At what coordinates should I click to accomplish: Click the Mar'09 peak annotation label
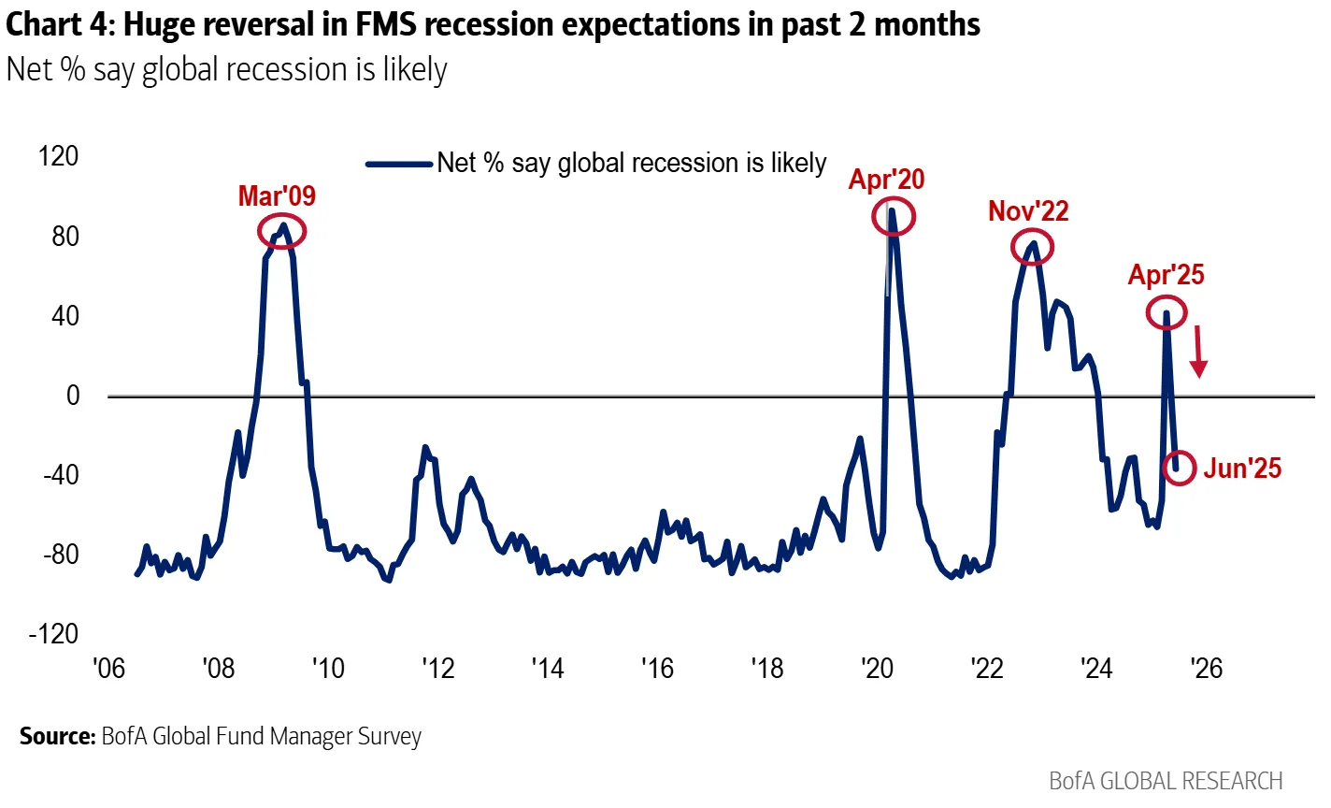pos(277,195)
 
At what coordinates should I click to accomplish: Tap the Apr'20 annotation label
pos(886,179)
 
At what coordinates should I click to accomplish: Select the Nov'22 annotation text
pos(1028,211)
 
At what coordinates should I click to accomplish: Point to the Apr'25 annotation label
pos(1166,275)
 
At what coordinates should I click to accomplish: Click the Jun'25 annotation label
pos(1242,469)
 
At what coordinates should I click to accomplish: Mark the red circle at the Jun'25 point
pos(1180,468)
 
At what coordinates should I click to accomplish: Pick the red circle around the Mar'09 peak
pos(281,231)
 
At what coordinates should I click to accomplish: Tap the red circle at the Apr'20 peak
pos(893,217)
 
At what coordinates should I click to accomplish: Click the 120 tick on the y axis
pos(59,156)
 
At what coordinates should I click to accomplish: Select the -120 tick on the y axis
pos(54,634)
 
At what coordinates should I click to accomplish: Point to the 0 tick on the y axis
pos(72,396)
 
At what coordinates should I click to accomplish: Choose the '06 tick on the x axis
pos(109,669)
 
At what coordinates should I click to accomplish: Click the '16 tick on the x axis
pos(658,669)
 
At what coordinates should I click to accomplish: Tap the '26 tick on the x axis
pos(1207,669)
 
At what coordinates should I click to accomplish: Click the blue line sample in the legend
pos(399,164)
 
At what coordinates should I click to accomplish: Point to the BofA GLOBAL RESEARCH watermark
pos(1166,781)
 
